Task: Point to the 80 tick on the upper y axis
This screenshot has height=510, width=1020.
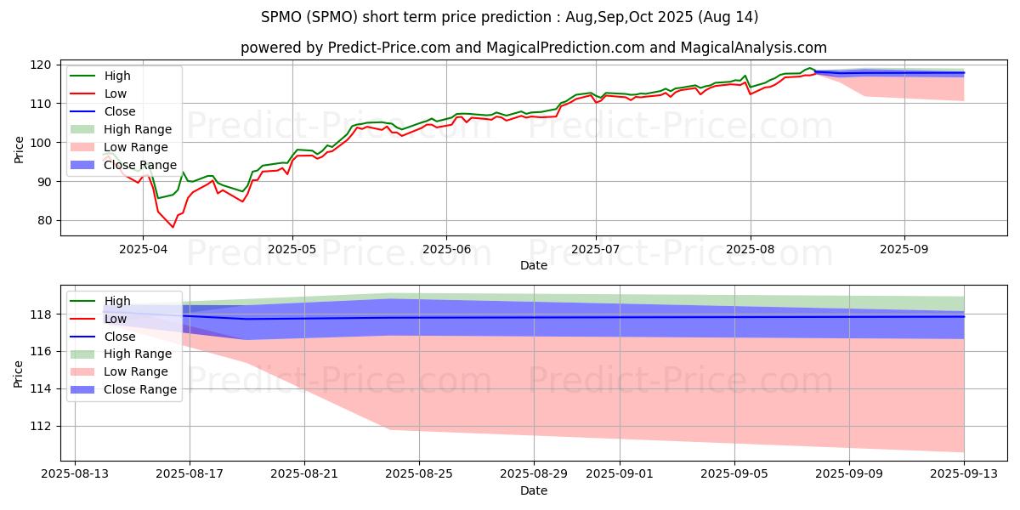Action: click(45, 220)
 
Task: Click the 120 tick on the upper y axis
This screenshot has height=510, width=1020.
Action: click(42, 65)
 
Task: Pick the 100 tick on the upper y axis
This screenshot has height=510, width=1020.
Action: click(42, 143)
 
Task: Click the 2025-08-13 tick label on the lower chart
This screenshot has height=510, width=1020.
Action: click(75, 473)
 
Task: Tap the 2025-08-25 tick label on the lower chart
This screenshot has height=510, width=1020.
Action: click(419, 473)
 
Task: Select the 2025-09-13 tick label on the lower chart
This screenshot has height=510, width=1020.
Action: click(964, 473)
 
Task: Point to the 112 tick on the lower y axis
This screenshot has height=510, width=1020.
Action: click(42, 426)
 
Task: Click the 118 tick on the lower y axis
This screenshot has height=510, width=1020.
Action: click(42, 314)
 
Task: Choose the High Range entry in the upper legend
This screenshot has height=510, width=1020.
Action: click(137, 129)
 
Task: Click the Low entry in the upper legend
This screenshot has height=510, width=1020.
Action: click(117, 93)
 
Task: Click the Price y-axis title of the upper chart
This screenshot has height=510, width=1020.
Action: click(20, 150)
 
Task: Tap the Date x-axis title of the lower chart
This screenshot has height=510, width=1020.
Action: click(534, 490)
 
